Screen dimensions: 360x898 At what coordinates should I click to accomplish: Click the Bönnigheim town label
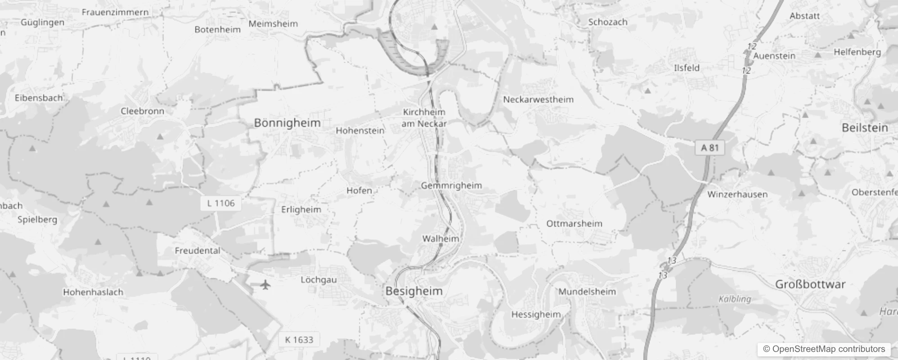click(287, 123)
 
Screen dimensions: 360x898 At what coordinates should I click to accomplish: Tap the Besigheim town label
click(414, 291)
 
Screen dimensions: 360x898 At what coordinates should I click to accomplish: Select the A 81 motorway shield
click(710, 148)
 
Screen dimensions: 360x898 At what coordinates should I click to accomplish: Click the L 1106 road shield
click(220, 203)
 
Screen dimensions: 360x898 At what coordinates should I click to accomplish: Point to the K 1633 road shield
click(299, 340)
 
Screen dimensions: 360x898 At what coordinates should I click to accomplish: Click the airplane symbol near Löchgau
click(266, 284)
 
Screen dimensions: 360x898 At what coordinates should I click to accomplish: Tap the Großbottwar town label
click(810, 284)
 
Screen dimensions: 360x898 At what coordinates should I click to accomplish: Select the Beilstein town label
click(865, 128)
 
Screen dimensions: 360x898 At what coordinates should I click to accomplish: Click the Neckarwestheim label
click(538, 99)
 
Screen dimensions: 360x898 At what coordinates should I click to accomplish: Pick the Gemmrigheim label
click(451, 185)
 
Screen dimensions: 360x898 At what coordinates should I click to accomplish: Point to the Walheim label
click(440, 238)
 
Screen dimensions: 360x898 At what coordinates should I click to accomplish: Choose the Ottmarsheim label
click(574, 224)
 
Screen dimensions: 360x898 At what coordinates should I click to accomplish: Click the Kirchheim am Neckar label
click(424, 118)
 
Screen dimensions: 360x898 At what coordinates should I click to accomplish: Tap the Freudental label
click(198, 251)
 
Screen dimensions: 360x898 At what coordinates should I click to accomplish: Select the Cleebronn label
click(142, 111)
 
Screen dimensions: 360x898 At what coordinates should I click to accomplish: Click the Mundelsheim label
click(587, 292)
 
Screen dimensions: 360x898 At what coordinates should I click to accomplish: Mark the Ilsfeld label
click(687, 68)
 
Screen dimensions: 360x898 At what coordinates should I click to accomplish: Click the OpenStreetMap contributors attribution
click(824, 349)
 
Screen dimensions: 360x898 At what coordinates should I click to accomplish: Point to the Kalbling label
click(735, 299)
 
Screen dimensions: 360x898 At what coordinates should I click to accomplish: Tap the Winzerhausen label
click(737, 194)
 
